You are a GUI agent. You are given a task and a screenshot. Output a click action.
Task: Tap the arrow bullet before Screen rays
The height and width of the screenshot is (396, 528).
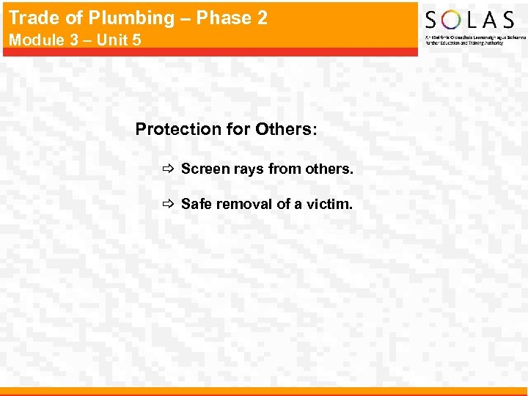(x=167, y=169)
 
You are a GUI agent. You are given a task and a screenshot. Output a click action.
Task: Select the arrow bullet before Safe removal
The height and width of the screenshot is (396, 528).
(x=167, y=205)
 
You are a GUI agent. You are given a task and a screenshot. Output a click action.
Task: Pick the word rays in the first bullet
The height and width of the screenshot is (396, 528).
(x=246, y=170)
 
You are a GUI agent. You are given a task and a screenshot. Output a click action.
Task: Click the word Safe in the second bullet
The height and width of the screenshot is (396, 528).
(x=195, y=205)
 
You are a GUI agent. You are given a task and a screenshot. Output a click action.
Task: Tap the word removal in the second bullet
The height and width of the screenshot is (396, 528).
(x=242, y=205)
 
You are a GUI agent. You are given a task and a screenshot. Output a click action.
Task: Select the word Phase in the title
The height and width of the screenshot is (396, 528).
(x=227, y=17)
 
